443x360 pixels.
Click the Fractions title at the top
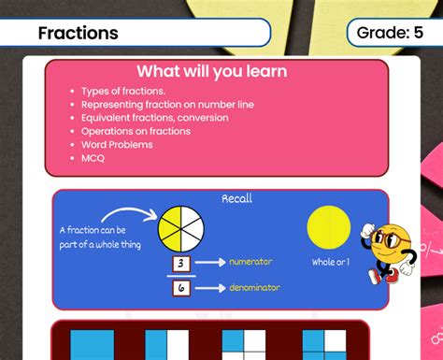[x=78, y=34]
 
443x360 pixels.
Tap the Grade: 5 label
[x=396, y=34]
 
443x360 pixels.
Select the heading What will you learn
[x=211, y=72]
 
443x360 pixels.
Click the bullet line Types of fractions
[x=122, y=92]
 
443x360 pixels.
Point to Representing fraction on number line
[x=167, y=105]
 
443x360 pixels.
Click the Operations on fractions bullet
[x=136, y=131]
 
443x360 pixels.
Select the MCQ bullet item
[x=93, y=158]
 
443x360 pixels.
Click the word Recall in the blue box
[x=236, y=199]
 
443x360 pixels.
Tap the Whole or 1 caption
[x=331, y=262]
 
